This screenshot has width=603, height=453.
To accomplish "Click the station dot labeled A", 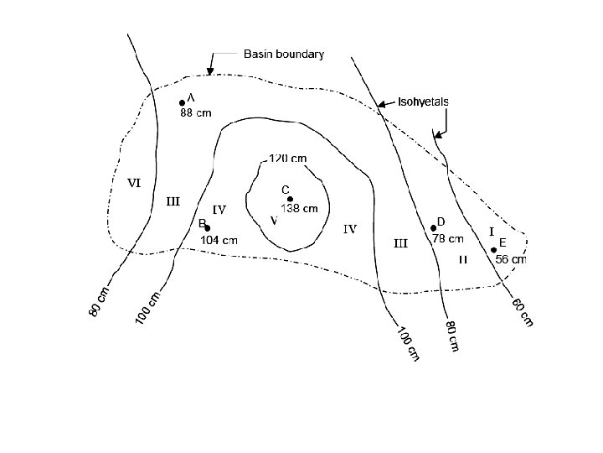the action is point(182,103).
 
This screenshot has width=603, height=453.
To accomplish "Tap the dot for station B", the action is point(208,228).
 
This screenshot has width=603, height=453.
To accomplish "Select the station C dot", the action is point(290,199).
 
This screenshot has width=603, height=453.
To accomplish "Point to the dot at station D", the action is point(433,227).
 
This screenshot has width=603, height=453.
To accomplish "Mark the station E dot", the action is point(493,249).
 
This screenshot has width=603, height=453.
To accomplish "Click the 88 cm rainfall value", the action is point(196,115).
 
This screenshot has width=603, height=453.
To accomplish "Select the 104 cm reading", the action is point(219,240).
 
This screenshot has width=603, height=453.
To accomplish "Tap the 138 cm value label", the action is point(299,209).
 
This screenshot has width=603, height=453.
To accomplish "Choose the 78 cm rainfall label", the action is point(447,238).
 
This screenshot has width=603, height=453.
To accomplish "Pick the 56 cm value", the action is point(511,260).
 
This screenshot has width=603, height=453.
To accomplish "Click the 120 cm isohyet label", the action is point(287,158).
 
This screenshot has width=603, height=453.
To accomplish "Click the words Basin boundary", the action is point(283,54).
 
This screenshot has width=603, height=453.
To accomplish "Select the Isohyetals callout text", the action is point(423,102).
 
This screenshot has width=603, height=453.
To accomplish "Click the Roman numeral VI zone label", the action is point(133,183).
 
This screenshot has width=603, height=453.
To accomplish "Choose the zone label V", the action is point(274,221).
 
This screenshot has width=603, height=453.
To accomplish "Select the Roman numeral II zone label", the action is point(463,260).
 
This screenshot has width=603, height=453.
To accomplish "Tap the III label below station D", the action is point(400,244).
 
